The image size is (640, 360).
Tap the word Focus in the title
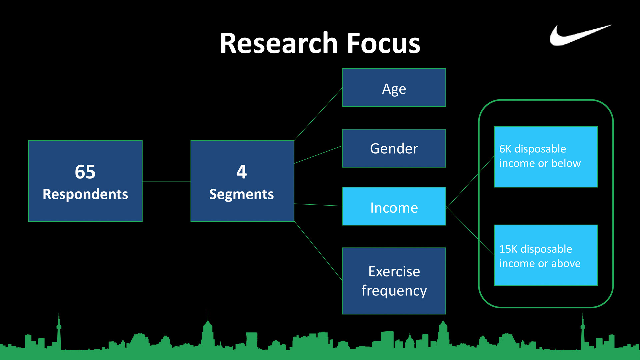(x=383, y=43)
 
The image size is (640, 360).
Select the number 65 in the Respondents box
(x=85, y=172)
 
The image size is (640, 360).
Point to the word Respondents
(x=85, y=194)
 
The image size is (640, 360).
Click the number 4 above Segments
(x=242, y=172)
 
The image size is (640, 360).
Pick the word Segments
(x=242, y=194)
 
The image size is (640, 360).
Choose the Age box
(x=394, y=88)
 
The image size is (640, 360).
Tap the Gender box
(x=394, y=148)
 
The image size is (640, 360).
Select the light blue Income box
(x=394, y=206)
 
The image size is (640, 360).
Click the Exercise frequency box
(x=394, y=281)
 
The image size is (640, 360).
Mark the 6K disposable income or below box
(x=546, y=157)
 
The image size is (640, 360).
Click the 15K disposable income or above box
(x=546, y=255)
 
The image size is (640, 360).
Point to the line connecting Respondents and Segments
(x=167, y=182)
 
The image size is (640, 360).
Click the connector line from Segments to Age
(x=318, y=114)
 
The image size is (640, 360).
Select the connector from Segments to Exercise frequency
(x=318, y=251)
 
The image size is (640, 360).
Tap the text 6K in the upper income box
(x=505, y=149)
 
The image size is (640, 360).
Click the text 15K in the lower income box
(x=508, y=249)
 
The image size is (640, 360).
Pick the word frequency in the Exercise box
(x=394, y=291)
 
